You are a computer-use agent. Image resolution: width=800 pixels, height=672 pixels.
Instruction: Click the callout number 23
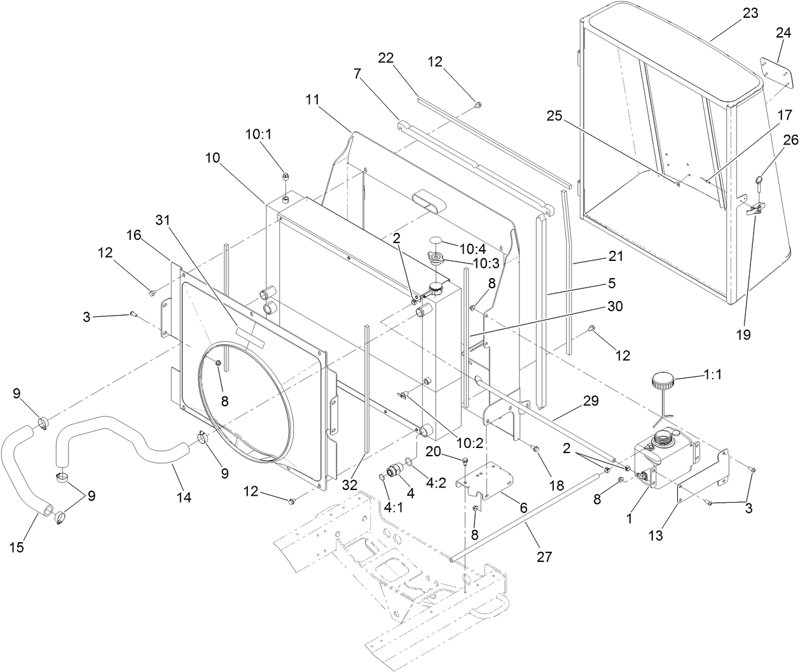tap(750, 13)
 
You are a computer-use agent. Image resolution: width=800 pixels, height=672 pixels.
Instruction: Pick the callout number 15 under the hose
tap(17, 547)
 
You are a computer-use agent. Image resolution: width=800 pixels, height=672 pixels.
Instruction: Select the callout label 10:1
tap(258, 135)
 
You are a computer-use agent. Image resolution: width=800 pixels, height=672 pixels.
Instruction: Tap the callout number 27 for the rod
tap(544, 556)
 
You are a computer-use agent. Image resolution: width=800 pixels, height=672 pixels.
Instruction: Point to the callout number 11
tap(312, 99)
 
